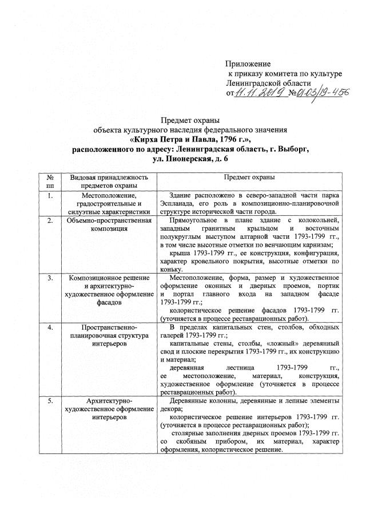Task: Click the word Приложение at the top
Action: pos(248,63)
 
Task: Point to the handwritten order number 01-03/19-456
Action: pos(321,93)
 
